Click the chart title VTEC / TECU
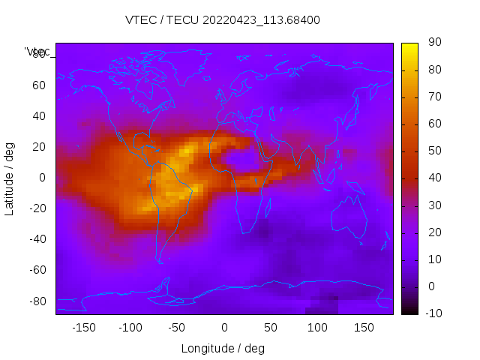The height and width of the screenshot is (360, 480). (223, 20)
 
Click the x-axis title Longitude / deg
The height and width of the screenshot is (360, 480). (223, 348)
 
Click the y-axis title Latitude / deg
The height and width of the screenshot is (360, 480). (10, 178)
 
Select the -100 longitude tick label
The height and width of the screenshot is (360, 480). (130, 328)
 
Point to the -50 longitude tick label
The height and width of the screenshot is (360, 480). (177, 328)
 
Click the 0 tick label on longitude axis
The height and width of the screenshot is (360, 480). (223, 328)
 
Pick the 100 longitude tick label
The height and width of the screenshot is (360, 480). (317, 328)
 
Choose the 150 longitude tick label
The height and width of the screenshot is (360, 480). (364, 328)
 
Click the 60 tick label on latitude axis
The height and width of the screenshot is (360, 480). (39, 85)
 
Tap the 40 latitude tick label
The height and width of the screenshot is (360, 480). (39, 116)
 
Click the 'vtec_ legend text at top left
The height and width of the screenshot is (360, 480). (37, 52)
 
